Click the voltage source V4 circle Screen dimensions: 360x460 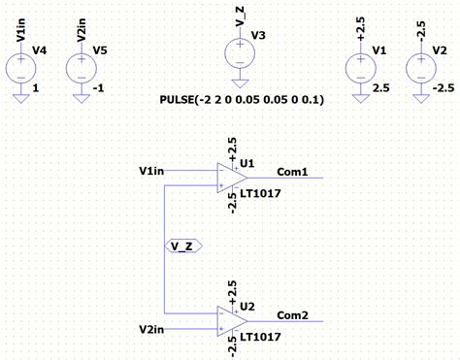21,69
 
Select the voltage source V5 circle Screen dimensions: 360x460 81,69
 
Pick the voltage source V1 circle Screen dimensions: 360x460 361,69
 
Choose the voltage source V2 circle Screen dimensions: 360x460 419,69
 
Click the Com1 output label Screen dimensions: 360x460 292,173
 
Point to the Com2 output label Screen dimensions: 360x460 292,315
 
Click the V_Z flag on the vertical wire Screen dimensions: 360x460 182,245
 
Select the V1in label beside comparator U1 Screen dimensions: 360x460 152,172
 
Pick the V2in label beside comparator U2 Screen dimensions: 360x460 152,330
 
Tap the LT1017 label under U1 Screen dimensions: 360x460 260,193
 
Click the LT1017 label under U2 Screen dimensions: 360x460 260,336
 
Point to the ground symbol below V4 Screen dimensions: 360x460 21,95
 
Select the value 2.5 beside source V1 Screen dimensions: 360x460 380,87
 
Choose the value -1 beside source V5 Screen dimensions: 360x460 99,87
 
